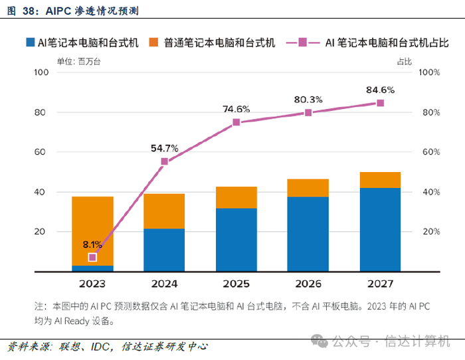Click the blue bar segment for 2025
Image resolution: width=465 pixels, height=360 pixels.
point(236,239)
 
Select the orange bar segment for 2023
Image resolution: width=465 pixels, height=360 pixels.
point(92,226)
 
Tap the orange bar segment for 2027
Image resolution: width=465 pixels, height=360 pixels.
point(380,180)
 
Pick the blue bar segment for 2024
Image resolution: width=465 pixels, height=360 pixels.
point(164,250)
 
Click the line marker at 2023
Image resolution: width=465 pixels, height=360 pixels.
point(92,257)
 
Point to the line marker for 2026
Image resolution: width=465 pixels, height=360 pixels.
point(308,113)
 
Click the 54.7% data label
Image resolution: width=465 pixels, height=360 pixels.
point(164,148)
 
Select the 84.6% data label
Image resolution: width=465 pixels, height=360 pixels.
point(380,90)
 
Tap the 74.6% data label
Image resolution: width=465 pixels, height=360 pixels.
point(236,109)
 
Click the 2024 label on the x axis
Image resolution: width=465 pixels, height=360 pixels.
point(164,284)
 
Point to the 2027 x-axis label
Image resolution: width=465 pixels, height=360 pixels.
point(380,284)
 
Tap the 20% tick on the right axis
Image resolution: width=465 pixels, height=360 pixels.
point(430,232)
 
